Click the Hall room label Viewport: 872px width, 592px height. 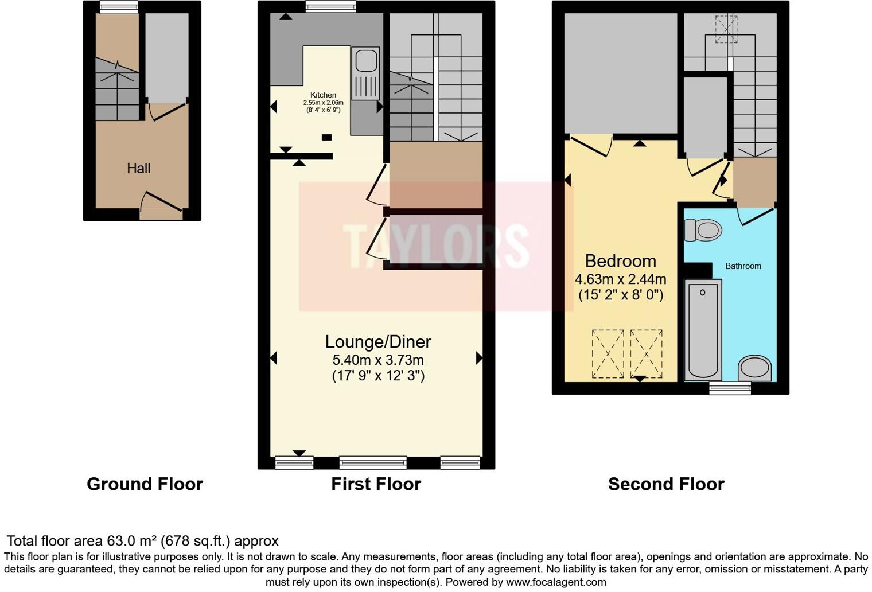(x=138, y=168)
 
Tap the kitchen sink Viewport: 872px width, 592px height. (x=365, y=73)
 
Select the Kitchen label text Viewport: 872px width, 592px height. (x=323, y=95)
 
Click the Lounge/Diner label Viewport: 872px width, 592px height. (x=377, y=342)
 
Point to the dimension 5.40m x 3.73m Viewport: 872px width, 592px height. (x=377, y=360)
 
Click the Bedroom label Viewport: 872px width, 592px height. (x=620, y=261)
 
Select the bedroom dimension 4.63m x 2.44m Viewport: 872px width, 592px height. (x=620, y=279)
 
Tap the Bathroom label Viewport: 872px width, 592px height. (x=743, y=266)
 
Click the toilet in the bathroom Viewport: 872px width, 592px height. (x=703, y=231)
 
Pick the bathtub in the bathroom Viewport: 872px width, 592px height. (x=703, y=330)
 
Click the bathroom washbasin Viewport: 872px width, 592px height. (x=754, y=368)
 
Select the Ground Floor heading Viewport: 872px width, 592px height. (x=145, y=484)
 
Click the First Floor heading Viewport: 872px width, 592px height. (x=376, y=484)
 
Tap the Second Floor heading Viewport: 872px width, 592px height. (x=665, y=484)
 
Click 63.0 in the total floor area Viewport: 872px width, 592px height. (x=119, y=541)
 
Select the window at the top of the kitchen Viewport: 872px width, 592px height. (x=330, y=7)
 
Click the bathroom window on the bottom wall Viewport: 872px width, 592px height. (x=730, y=389)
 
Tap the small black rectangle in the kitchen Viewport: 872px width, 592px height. (x=326, y=137)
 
